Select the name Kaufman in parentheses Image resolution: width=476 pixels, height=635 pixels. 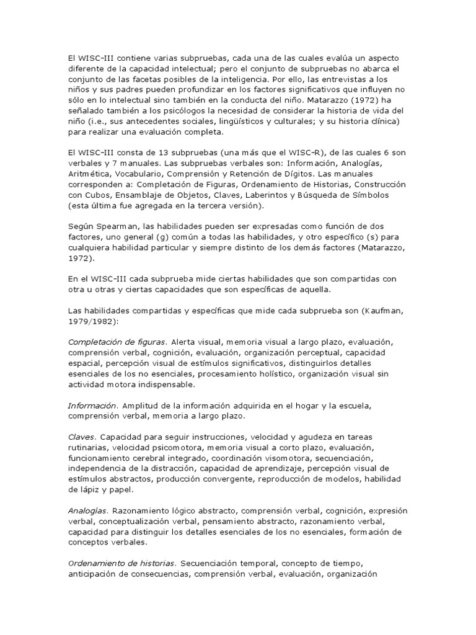[382, 310]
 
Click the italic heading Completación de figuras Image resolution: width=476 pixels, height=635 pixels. [116, 342]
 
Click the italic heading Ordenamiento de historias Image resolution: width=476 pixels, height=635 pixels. [122, 564]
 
